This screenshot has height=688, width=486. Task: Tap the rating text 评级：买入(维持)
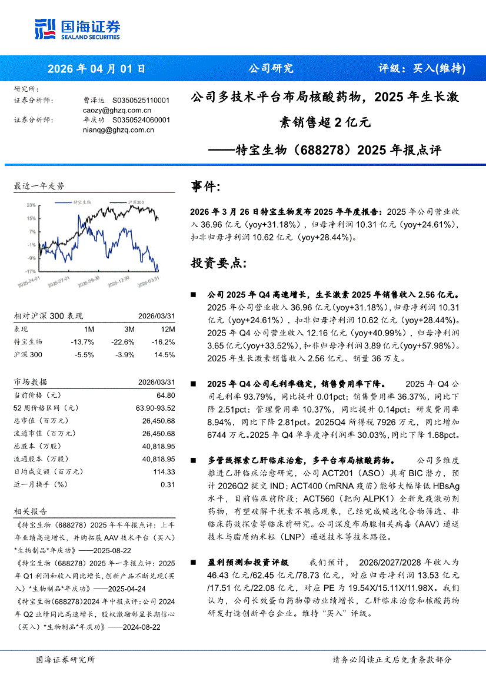point(421,68)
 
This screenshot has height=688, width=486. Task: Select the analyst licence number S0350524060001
point(141,120)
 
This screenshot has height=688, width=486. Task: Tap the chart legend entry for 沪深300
point(137,202)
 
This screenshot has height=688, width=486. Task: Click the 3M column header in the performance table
point(129,329)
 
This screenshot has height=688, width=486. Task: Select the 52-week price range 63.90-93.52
point(155,408)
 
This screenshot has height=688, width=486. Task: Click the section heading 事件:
point(207,187)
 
